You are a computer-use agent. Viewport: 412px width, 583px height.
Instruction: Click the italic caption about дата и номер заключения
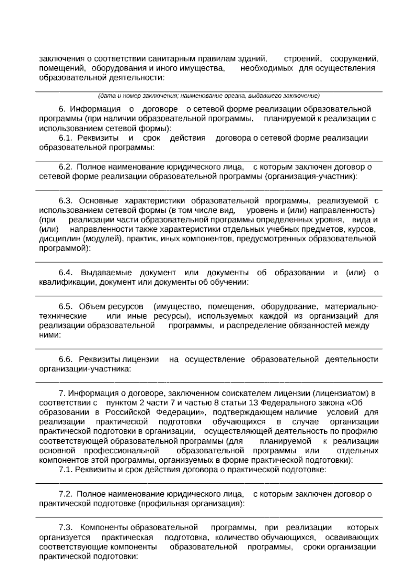pyautogui.click(x=209, y=95)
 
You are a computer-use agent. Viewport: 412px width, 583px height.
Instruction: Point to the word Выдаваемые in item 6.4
pyautogui.click(x=106, y=273)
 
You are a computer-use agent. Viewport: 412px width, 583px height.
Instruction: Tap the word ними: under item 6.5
pyautogui.click(x=50, y=335)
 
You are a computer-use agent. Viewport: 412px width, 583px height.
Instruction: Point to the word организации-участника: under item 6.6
pyautogui.click(x=85, y=369)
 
